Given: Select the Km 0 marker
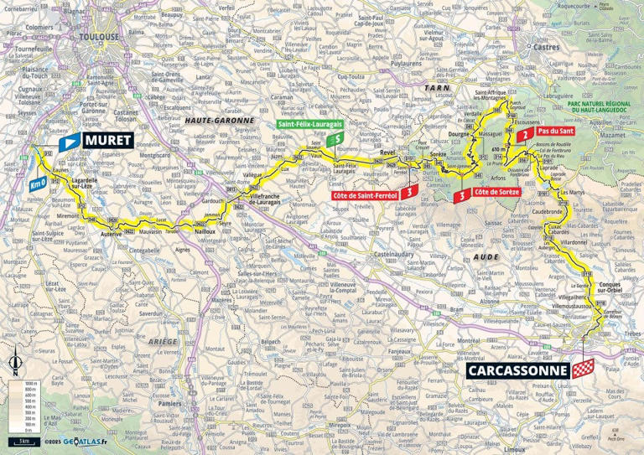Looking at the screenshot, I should [34, 184].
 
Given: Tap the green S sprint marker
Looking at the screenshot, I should [336, 140].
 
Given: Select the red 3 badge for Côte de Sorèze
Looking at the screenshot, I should [460, 196].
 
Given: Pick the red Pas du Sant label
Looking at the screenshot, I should [556, 132].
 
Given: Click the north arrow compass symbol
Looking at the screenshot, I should [15, 364].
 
